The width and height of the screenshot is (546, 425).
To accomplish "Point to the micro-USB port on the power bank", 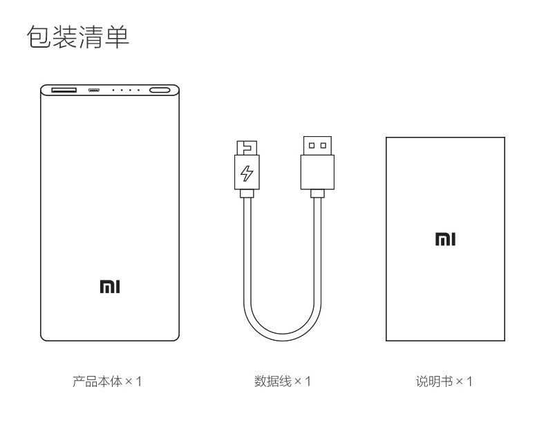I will (x=94, y=90).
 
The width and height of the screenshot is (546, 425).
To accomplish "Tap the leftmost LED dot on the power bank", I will (x=113, y=90).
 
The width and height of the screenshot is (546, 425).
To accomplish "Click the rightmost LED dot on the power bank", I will (x=138, y=90).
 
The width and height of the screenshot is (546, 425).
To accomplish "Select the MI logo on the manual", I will (x=444, y=240).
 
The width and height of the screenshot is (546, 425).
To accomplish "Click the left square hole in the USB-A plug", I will (x=311, y=145).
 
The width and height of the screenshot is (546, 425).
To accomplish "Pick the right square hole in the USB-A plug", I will (x=322, y=145).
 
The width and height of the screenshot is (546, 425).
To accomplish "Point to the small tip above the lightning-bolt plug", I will (x=246, y=147).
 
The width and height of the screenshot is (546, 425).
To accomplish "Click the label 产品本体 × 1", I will (x=107, y=381).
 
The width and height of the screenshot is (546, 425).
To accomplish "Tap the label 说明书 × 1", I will (x=444, y=381).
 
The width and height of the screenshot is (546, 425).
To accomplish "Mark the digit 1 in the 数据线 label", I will (x=308, y=381).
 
